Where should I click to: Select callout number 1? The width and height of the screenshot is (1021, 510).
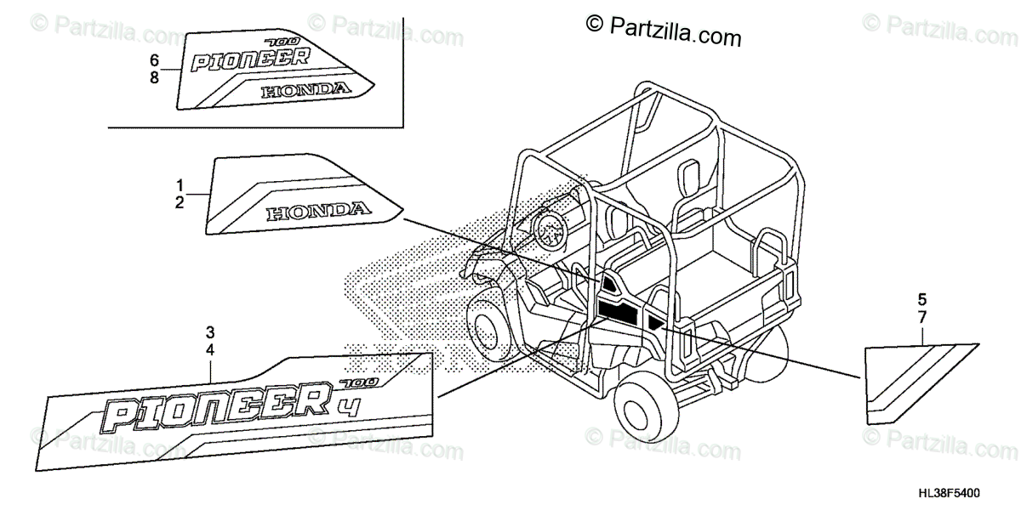[180, 185]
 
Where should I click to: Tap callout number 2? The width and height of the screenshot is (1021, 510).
[180, 202]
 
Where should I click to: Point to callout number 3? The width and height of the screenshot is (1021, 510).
[210, 331]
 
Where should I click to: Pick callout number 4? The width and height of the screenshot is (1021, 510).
[210, 349]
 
